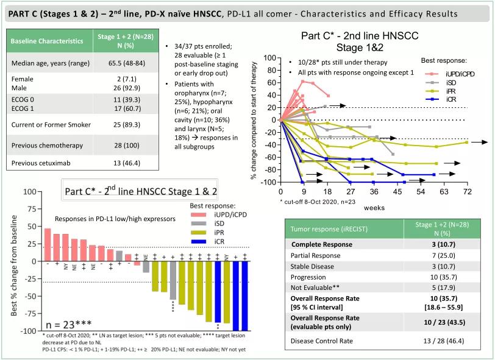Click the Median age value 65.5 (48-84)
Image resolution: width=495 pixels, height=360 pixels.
[124, 63]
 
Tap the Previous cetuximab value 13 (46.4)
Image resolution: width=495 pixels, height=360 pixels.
[124, 163]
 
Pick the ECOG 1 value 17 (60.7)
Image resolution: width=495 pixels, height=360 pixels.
[124, 108]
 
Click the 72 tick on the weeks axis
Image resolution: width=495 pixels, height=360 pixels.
[467, 191]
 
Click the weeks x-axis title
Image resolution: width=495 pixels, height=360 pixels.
[374, 208]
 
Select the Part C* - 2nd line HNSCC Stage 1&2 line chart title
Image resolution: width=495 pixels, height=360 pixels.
[360, 41]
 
